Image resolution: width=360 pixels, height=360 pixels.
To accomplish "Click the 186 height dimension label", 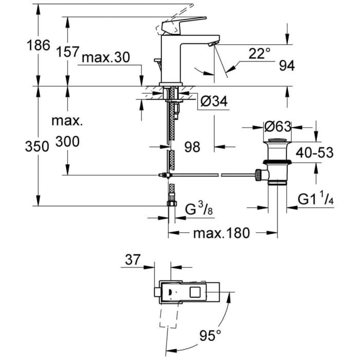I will point(38,45).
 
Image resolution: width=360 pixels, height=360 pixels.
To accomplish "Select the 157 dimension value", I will point(67,51).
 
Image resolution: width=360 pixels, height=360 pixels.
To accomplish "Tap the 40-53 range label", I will point(315,152).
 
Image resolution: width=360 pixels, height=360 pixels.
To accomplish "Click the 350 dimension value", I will point(37,146).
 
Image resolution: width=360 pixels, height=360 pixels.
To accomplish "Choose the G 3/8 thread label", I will point(198,210).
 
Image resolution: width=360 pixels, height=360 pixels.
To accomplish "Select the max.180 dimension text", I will point(221,233).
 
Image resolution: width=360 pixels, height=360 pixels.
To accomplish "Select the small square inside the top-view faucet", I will point(196,293).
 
